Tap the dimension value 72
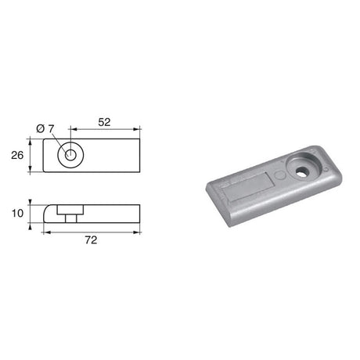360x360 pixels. click(x=92, y=241)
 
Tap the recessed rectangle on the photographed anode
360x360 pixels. click(x=247, y=188)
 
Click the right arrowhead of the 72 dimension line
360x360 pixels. click(x=138, y=231)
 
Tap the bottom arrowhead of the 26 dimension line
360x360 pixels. click(x=31, y=171)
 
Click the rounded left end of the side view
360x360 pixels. click(x=49, y=212)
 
